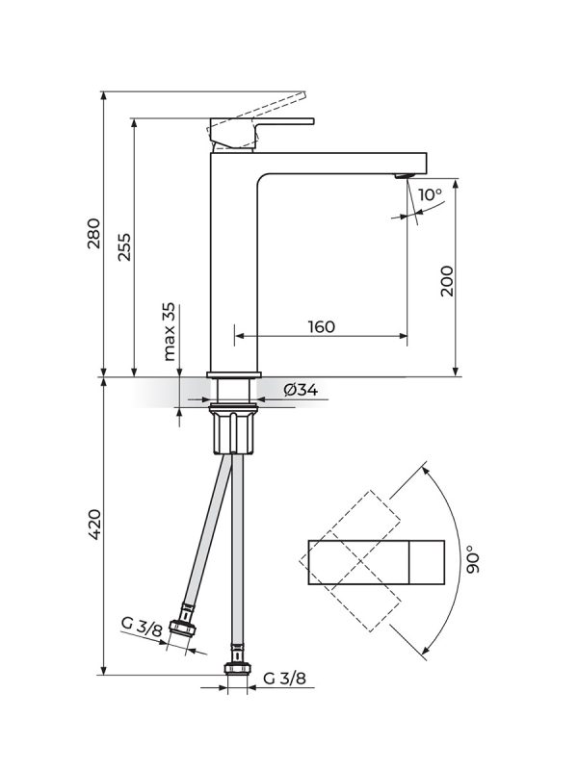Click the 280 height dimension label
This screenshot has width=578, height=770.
pyautogui.click(x=93, y=235)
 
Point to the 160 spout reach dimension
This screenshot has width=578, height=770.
pyautogui.click(x=321, y=326)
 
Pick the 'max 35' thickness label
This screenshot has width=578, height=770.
pyautogui.click(x=170, y=331)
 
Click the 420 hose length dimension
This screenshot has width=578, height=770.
pyautogui.click(x=93, y=522)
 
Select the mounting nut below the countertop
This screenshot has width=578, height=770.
pyautogui.click(x=234, y=431)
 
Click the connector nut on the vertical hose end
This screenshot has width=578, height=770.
pyautogui.click(x=234, y=672)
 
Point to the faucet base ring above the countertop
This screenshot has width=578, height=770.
pyautogui.click(x=234, y=373)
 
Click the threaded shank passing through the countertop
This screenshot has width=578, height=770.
pyautogui.click(x=234, y=393)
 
